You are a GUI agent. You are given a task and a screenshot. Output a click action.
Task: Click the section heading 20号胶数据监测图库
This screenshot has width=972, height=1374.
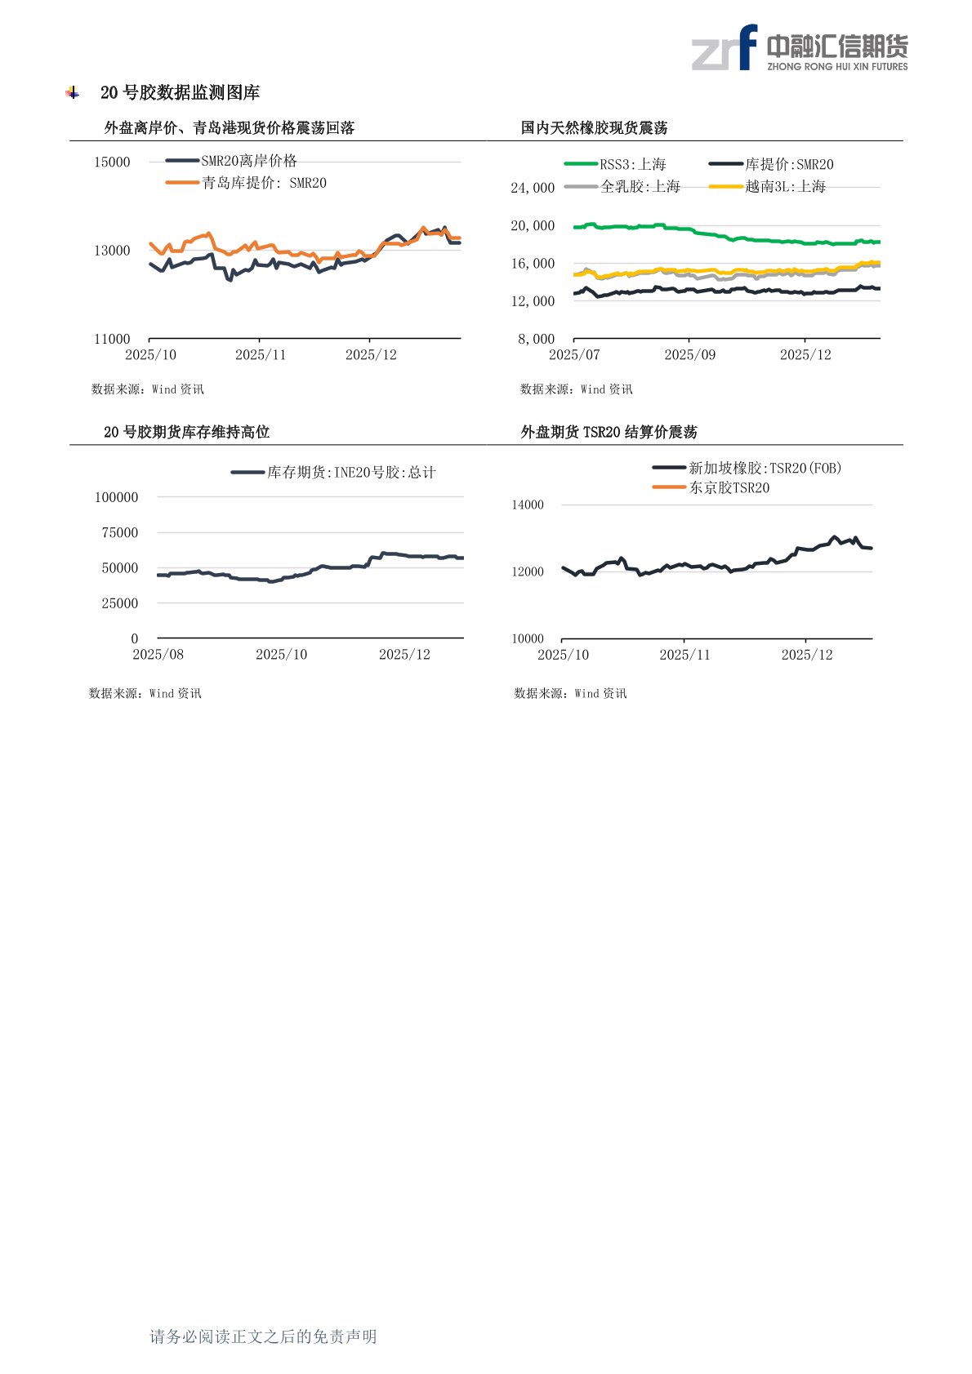click(x=180, y=93)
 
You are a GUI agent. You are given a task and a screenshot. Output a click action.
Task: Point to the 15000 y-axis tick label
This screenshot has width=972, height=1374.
click(x=112, y=162)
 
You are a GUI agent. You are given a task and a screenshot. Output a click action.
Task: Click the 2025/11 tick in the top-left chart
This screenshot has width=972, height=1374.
click(x=260, y=354)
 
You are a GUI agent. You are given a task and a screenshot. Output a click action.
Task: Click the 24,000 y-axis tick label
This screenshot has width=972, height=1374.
click(x=533, y=188)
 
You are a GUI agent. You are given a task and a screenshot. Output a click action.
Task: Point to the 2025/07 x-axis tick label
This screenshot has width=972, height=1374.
click(x=574, y=354)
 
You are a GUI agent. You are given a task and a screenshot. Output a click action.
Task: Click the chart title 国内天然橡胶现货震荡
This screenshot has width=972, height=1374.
click(x=594, y=127)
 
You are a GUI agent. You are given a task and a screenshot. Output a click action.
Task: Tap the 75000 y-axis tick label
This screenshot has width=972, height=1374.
click(x=119, y=532)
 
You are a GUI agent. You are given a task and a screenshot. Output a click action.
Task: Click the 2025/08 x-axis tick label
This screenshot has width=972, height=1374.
click(x=158, y=654)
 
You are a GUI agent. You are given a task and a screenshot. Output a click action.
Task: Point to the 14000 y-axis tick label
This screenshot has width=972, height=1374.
click(x=528, y=505)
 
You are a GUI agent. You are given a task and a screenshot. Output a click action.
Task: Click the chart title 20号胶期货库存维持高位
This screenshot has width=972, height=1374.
click(x=186, y=432)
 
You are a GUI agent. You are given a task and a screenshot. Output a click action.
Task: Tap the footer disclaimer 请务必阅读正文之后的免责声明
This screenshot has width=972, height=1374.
click(x=263, y=1336)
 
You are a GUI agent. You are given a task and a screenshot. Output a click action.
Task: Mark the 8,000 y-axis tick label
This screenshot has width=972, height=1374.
click(x=536, y=339)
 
